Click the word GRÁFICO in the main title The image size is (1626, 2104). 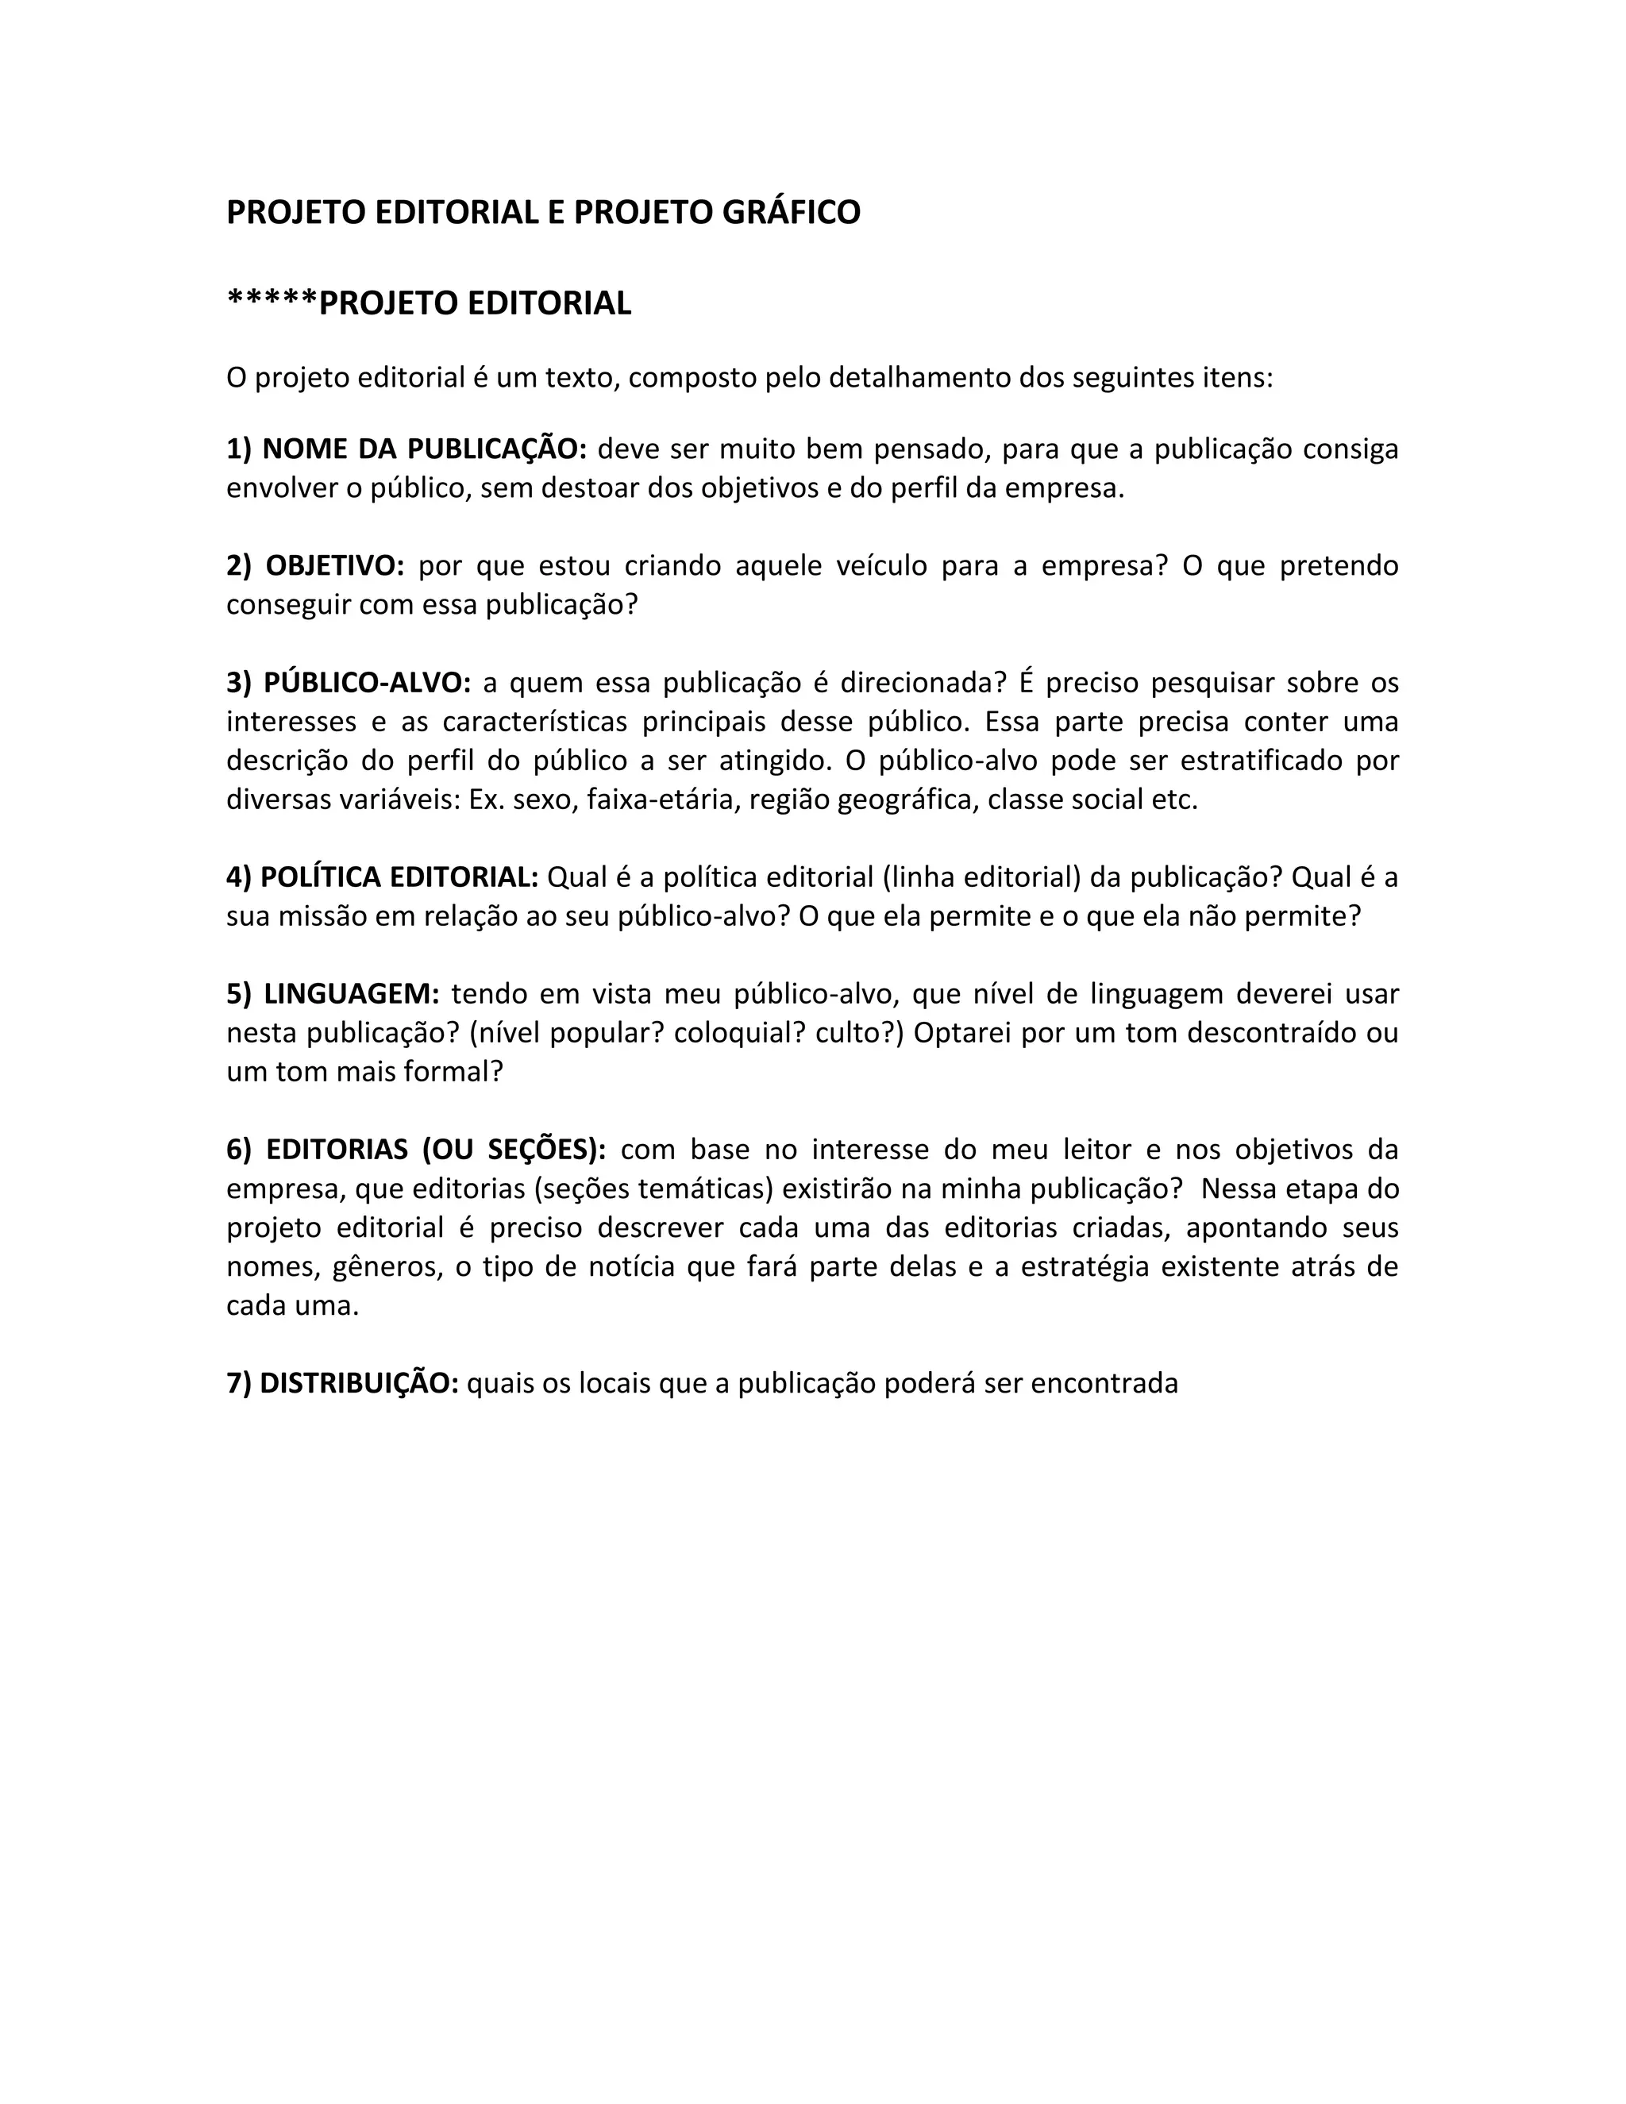(790, 212)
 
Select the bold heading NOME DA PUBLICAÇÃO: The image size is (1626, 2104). (424, 449)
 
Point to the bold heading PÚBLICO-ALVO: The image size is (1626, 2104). (367, 683)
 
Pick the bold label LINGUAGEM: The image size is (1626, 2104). (352, 994)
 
